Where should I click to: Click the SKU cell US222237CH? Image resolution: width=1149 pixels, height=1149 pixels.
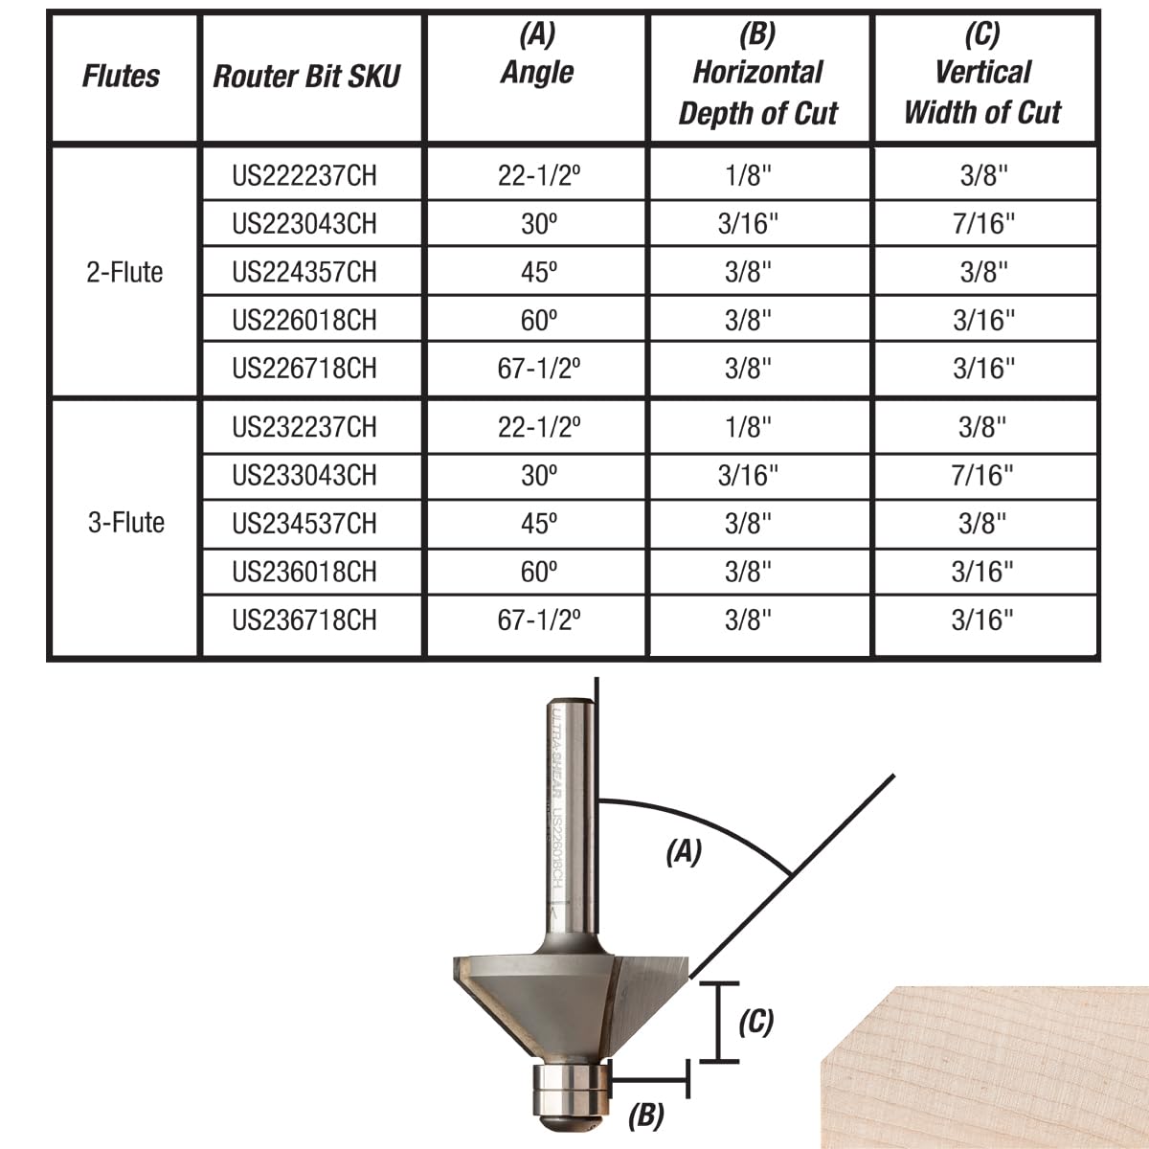pos(304,175)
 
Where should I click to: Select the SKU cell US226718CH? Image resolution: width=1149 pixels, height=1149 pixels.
pos(304,369)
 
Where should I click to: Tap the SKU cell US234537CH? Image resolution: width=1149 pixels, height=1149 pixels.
pos(304,524)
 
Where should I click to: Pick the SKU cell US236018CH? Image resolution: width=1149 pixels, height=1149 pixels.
pos(304,572)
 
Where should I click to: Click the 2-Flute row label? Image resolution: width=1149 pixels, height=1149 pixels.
pos(124,272)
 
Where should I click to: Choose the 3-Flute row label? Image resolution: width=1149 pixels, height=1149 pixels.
pos(125,523)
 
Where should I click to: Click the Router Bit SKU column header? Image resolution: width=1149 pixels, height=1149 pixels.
pos(306,77)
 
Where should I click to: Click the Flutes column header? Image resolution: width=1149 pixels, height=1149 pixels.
pos(122,77)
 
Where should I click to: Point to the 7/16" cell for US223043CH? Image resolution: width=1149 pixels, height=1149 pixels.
pos(983,224)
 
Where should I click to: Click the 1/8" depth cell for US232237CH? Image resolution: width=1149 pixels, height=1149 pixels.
pos(748,427)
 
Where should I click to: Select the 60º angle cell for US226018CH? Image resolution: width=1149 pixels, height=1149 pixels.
pos(539,320)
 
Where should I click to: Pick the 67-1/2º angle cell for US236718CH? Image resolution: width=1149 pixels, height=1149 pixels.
pos(539,620)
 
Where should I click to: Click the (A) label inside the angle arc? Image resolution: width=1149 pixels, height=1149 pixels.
pos(684,851)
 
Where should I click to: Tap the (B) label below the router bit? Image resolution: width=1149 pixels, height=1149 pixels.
pos(646,1115)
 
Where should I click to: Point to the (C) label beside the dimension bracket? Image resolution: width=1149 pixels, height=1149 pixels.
pos(755,1022)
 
